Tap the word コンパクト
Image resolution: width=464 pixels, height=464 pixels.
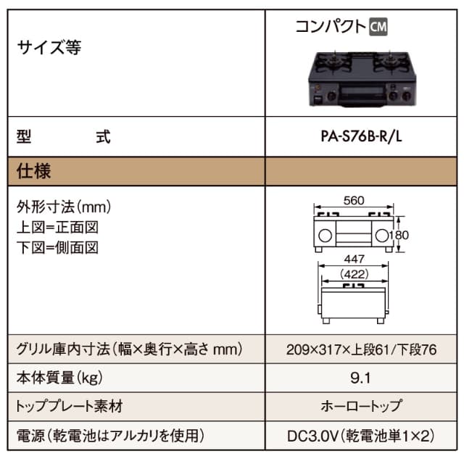(330, 26)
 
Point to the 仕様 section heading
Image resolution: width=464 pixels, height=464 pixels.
(34, 173)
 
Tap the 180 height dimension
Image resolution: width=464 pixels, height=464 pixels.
(401, 236)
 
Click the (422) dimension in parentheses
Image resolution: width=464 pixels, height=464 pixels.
(355, 274)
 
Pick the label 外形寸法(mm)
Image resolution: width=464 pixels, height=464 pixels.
(63, 208)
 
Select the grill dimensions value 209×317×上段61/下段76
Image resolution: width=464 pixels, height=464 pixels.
(360, 349)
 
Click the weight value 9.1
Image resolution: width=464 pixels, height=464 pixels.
(360, 378)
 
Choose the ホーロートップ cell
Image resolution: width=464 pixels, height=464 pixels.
(360, 406)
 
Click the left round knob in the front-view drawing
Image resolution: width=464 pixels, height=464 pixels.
(325, 236)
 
